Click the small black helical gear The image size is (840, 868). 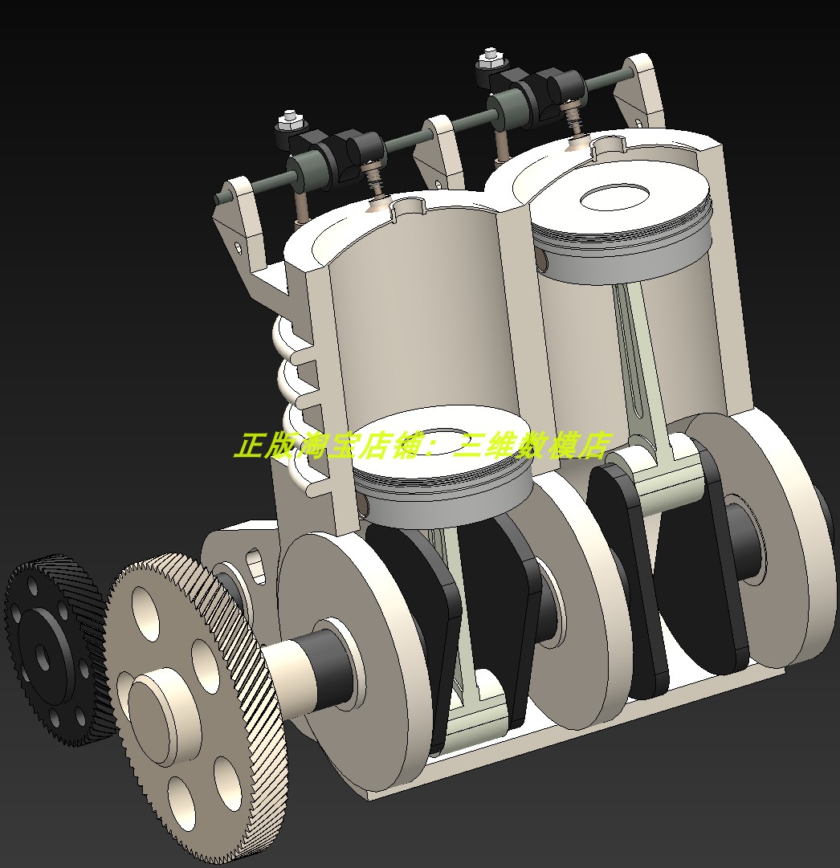pyautogui.click(x=48, y=650)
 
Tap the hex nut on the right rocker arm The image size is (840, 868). pyautogui.click(x=488, y=59)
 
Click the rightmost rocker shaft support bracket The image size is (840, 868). pyautogui.click(x=638, y=88)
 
